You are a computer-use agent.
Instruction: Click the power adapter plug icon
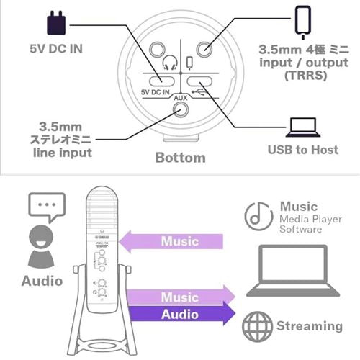pyautogui.click(x=56, y=23)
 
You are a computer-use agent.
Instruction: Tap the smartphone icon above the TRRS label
pyautogui.click(x=303, y=22)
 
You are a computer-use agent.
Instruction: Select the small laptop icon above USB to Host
pyautogui.click(x=303, y=127)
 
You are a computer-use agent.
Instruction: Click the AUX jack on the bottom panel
pyautogui.click(x=181, y=109)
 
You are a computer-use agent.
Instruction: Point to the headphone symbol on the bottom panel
pyautogui.click(x=170, y=63)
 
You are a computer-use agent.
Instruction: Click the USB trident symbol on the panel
pyautogui.click(x=199, y=91)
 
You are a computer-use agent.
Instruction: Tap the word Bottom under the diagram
pyautogui.click(x=181, y=158)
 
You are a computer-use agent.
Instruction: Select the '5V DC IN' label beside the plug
pyautogui.click(x=56, y=49)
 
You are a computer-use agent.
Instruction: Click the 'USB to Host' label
pyautogui.click(x=303, y=150)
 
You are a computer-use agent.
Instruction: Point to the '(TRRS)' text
pyautogui.click(x=306, y=75)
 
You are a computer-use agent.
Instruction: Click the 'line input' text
pyautogui.click(x=63, y=153)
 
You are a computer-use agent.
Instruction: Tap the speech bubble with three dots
pyautogui.click(x=47, y=207)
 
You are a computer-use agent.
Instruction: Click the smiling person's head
pyautogui.click(x=41, y=237)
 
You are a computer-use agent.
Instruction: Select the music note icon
pyautogui.click(x=258, y=216)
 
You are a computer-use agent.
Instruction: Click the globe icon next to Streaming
pyautogui.click(x=257, y=327)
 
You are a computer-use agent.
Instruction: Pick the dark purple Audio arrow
pyautogui.click(x=181, y=315)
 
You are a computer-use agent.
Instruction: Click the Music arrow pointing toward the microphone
pyautogui.click(x=171, y=241)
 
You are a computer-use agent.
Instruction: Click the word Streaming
pyautogui.click(x=310, y=326)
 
